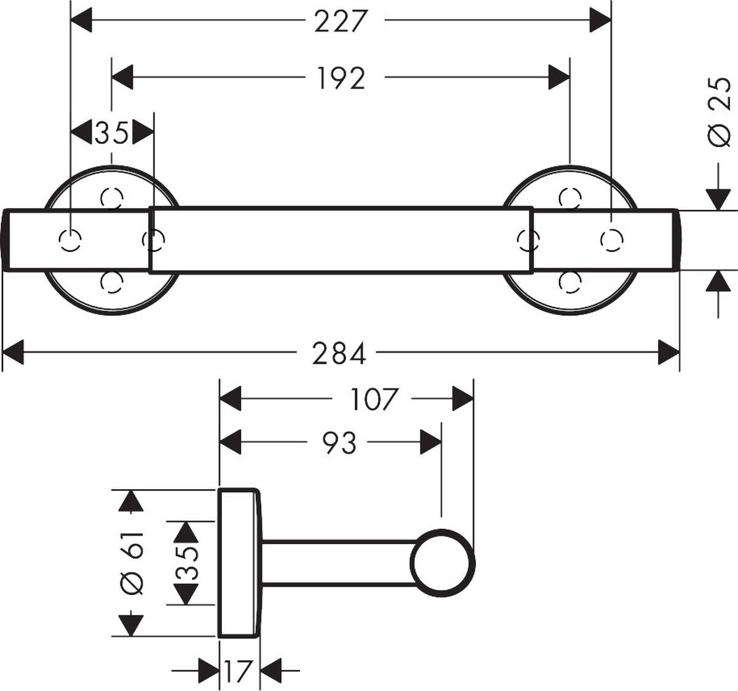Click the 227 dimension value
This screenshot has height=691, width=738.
(341, 22)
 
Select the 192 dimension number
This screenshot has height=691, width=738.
(341, 78)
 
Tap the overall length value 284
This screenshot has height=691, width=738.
(339, 354)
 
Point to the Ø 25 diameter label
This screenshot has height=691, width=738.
(720, 113)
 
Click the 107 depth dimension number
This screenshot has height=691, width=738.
(375, 399)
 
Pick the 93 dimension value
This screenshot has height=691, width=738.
(339, 442)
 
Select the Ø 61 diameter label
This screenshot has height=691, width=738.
(132, 562)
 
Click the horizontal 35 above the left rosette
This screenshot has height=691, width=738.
(112, 132)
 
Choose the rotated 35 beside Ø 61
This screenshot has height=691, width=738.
(186, 562)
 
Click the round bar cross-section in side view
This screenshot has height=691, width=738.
(443, 563)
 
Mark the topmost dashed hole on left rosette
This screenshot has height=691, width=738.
(112, 198)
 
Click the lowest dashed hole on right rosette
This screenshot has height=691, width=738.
(570, 282)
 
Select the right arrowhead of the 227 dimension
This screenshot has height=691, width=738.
(600, 21)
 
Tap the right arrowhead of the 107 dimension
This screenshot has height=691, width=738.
(463, 399)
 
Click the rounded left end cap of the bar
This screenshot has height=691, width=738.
(6, 240)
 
